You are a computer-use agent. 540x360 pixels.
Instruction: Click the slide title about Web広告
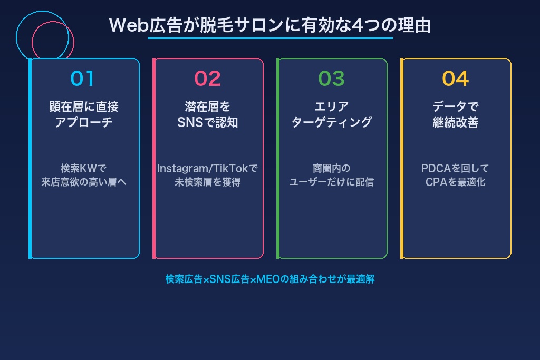pos(269,25)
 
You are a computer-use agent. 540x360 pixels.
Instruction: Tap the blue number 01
pos(83,79)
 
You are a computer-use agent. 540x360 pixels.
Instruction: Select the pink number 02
pos(207,79)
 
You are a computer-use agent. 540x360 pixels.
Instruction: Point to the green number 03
pos(331,79)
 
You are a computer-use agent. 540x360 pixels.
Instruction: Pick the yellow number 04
pos(455,79)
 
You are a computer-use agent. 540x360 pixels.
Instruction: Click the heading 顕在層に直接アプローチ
pos(84,114)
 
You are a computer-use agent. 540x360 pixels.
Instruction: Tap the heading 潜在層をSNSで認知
pos(208,114)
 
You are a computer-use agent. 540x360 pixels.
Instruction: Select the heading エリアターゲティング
pos(332,114)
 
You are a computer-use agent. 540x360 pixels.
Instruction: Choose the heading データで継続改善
pos(456,114)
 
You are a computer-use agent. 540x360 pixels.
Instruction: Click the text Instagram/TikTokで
pos(208,169)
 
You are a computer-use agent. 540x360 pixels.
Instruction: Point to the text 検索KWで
pos(84,169)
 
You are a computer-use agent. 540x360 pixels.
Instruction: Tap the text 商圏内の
pos(332,169)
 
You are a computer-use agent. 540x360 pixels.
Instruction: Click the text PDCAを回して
pos(456,169)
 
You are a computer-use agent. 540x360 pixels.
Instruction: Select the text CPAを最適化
pos(456,182)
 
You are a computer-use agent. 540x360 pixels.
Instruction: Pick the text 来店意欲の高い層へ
pos(84,182)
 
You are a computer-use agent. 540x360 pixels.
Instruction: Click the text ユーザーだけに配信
pos(332,182)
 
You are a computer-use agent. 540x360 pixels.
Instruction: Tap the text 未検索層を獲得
pos(208,182)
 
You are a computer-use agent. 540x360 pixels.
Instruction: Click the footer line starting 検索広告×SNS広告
pos(269,279)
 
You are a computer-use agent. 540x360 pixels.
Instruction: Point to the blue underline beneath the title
pos(269,38)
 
